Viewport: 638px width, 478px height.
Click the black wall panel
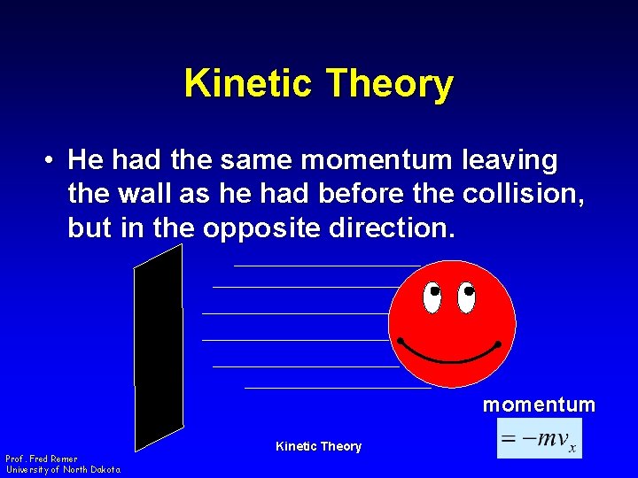(x=158, y=345)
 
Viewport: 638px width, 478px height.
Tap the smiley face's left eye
(x=432, y=297)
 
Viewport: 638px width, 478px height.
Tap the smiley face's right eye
(x=466, y=297)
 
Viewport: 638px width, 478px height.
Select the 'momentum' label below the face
(x=539, y=405)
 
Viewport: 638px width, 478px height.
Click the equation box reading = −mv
(x=539, y=439)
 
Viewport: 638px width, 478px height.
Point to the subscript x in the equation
(x=572, y=448)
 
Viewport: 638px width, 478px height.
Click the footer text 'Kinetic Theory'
(x=318, y=446)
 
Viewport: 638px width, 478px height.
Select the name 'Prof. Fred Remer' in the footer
(x=41, y=459)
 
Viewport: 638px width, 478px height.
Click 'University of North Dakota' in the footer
(x=63, y=469)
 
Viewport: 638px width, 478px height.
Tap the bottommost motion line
(x=337, y=387)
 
